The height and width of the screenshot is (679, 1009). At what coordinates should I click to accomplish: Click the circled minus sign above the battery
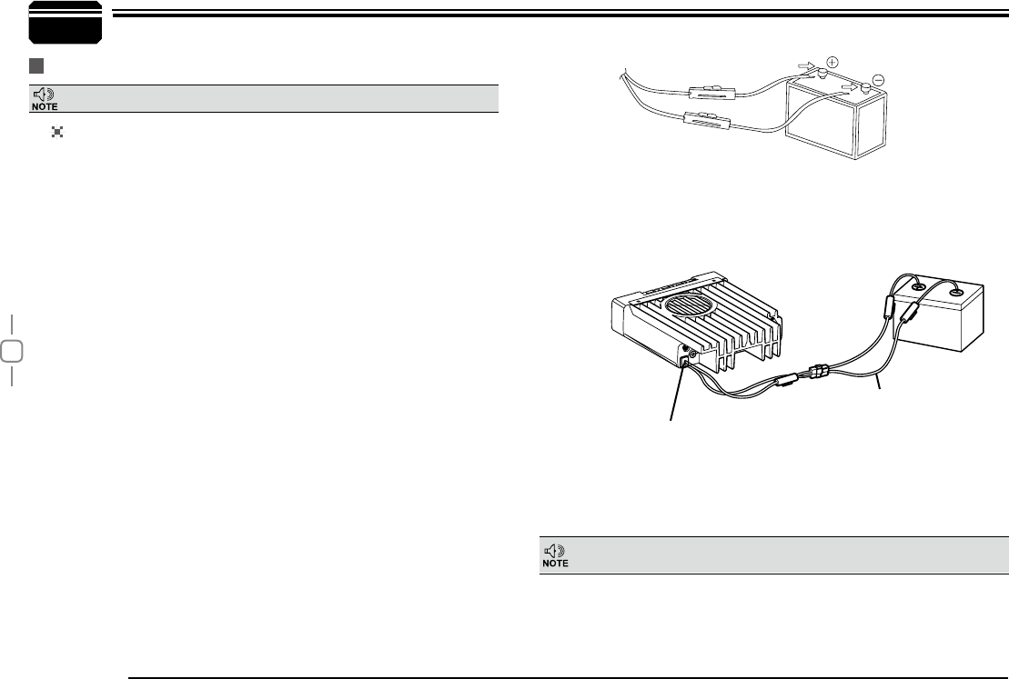877,79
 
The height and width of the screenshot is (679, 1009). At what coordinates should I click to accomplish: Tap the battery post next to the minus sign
865,89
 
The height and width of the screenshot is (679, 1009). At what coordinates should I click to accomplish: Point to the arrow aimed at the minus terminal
850,87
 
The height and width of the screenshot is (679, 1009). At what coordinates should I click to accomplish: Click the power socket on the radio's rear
684,362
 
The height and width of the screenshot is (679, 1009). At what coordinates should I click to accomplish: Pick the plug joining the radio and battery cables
816,373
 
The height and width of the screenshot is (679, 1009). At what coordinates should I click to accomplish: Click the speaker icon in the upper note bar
45,94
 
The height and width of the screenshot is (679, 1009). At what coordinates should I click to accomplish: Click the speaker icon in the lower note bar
554,550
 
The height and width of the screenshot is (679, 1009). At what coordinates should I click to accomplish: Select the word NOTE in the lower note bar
555,564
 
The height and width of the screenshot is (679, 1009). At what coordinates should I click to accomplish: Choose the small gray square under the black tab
35,67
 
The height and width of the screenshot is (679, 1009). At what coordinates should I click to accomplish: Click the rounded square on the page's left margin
10,351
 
